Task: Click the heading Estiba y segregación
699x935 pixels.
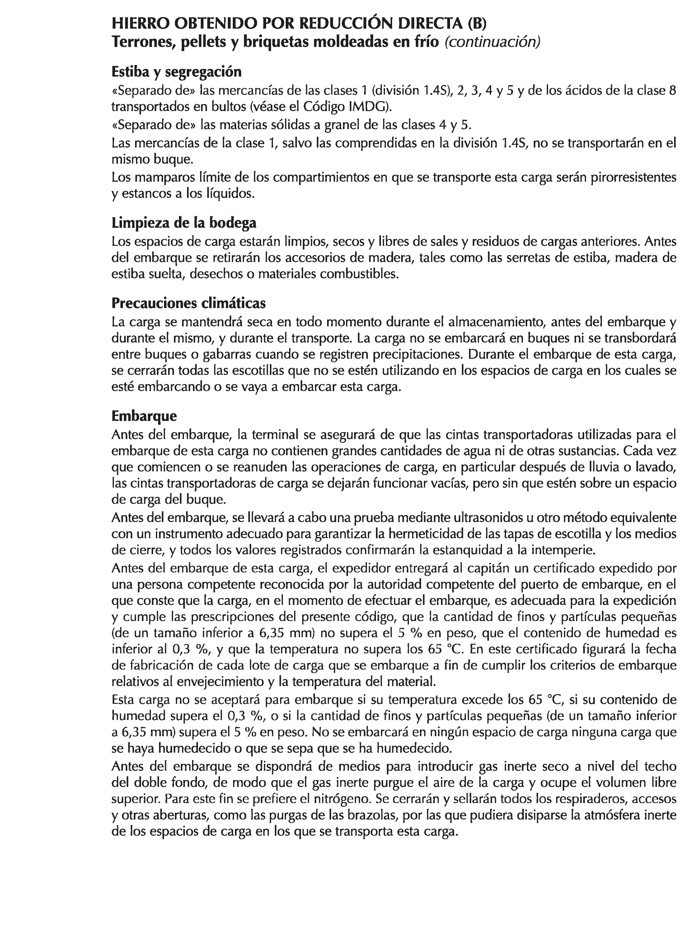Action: [176, 72]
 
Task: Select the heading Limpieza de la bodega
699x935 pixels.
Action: [184, 222]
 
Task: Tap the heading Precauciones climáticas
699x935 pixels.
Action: [189, 303]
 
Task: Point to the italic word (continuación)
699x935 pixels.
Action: [492, 42]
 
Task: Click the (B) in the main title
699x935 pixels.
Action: [477, 23]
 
